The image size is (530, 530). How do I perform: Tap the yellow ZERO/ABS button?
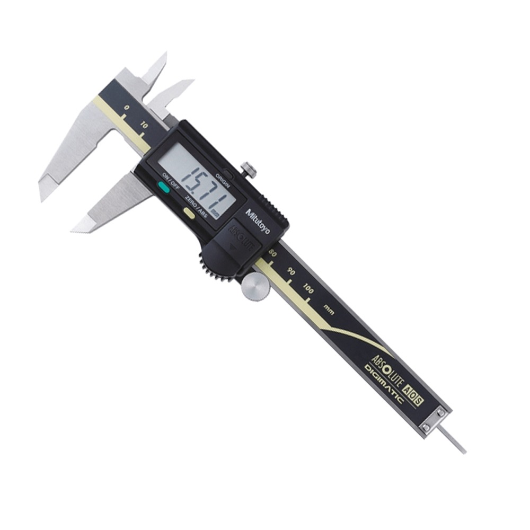pyautogui.click(x=189, y=213)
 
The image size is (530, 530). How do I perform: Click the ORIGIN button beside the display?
pyautogui.click(x=228, y=174)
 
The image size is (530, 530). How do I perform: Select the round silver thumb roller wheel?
pyautogui.click(x=255, y=287)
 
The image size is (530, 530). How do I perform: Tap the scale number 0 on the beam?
pyautogui.click(x=127, y=108)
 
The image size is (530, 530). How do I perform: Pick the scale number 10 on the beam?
pyautogui.click(x=144, y=126)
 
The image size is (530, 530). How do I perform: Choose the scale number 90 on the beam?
pyautogui.click(x=290, y=271)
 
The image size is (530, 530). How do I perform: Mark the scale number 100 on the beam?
pyautogui.click(x=308, y=289)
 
